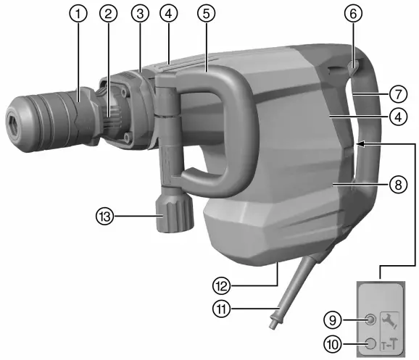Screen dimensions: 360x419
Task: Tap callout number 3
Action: coord(140,13)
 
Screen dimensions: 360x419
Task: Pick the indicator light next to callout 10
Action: coord(371,345)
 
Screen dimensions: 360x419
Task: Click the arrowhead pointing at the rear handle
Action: coord(359,144)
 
